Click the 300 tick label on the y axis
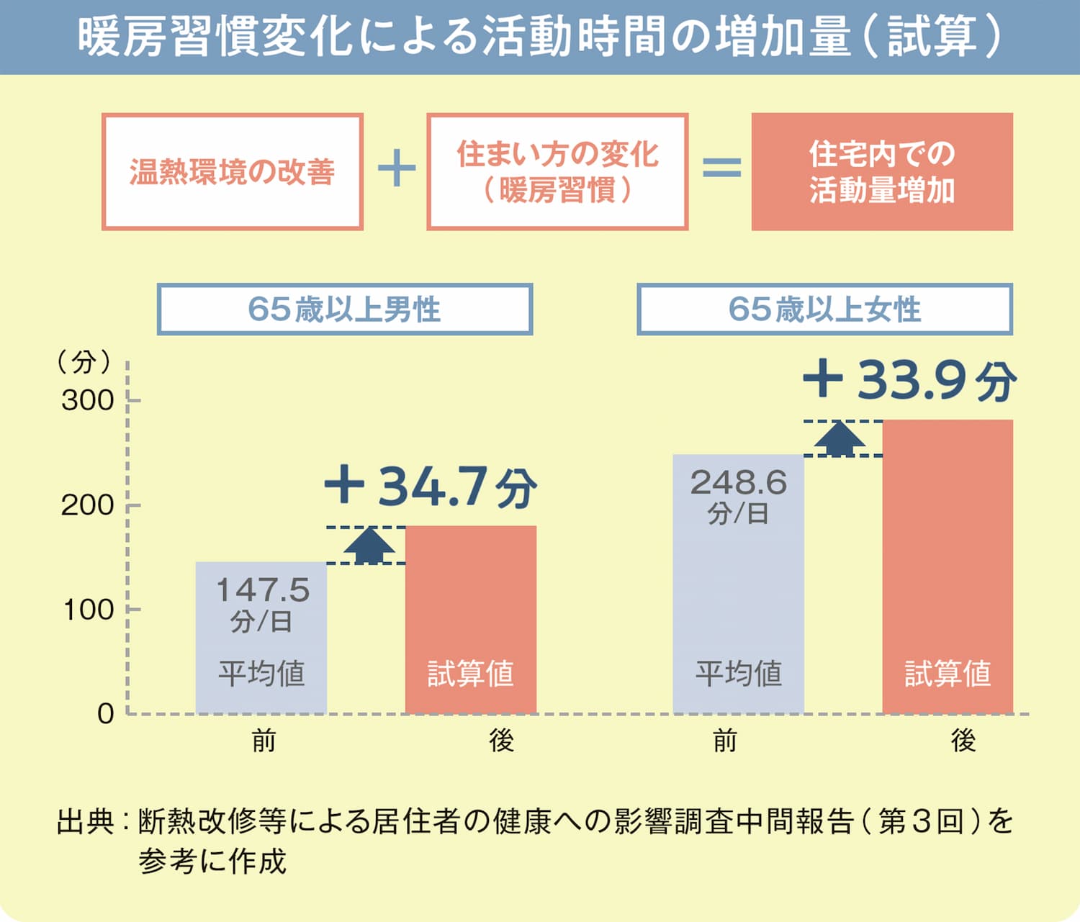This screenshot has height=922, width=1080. (87, 401)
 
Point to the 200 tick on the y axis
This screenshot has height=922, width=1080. (134, 505)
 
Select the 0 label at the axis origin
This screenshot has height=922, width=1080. (106, 713)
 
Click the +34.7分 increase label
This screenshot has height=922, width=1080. (431, 487)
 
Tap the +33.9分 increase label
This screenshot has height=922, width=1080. (909, 381)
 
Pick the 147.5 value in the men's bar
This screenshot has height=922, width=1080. (263, 589)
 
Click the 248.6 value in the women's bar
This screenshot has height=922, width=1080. (738, 482)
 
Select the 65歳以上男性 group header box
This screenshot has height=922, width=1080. (345, 309)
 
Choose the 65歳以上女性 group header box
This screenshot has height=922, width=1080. (824, 309)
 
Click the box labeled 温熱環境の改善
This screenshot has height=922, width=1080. (233, 171)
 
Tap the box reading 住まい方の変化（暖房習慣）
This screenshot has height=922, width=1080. (557, 171)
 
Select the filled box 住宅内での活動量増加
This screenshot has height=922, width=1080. (882, 171)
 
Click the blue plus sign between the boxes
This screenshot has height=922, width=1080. (397, 168)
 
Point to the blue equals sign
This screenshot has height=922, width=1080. (721, 168)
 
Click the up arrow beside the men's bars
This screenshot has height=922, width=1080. (369, 546)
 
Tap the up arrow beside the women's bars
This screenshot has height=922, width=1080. (840, 439)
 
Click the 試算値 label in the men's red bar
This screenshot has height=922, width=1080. (471, 673)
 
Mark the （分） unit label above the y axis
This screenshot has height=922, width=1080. (84, 361)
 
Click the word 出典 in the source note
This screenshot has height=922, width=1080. (85, 821)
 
